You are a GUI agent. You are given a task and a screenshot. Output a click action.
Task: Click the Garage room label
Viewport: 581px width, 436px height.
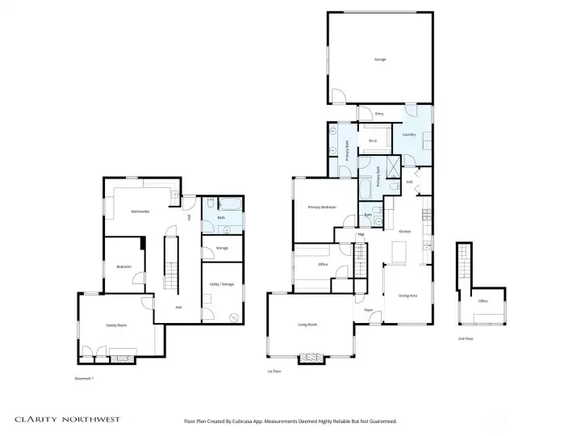pos(379,60)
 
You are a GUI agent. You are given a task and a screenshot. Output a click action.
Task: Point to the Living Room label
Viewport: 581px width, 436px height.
pos(307,325)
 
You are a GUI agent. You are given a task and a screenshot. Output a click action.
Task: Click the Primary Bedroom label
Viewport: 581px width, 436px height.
pos(323,208)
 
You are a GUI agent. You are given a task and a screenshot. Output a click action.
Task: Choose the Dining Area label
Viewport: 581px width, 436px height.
pos(408,295)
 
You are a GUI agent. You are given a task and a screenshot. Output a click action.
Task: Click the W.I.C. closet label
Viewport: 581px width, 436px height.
pos(373,142)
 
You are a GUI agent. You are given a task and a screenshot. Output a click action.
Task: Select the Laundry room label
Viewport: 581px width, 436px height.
pos(408,134)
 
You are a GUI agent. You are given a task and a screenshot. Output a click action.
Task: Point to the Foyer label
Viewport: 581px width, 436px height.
pos(367,310)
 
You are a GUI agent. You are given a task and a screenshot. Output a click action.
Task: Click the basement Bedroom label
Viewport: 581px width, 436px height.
pos(123,266)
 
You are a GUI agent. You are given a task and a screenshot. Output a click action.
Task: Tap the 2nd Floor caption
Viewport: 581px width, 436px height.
pos(466,338)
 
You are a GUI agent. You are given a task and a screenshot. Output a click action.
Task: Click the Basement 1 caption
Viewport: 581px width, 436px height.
pos(85,378)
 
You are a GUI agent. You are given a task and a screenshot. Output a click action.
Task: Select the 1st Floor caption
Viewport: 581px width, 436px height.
pos(274,371)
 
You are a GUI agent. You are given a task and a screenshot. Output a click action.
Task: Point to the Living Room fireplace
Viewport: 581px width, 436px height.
pos(309,358)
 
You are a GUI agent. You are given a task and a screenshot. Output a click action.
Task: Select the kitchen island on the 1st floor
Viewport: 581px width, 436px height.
pos(398,253)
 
